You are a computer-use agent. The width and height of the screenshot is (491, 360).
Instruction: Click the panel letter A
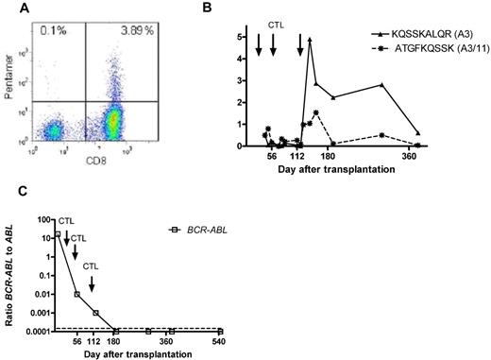click(x=8, y=8)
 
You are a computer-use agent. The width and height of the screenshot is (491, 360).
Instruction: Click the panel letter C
click(x=8, y=195)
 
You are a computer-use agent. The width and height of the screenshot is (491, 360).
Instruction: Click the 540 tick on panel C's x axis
click(x=219, y=343)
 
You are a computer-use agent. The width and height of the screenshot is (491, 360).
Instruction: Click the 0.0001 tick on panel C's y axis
click(x=37, y=332)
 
